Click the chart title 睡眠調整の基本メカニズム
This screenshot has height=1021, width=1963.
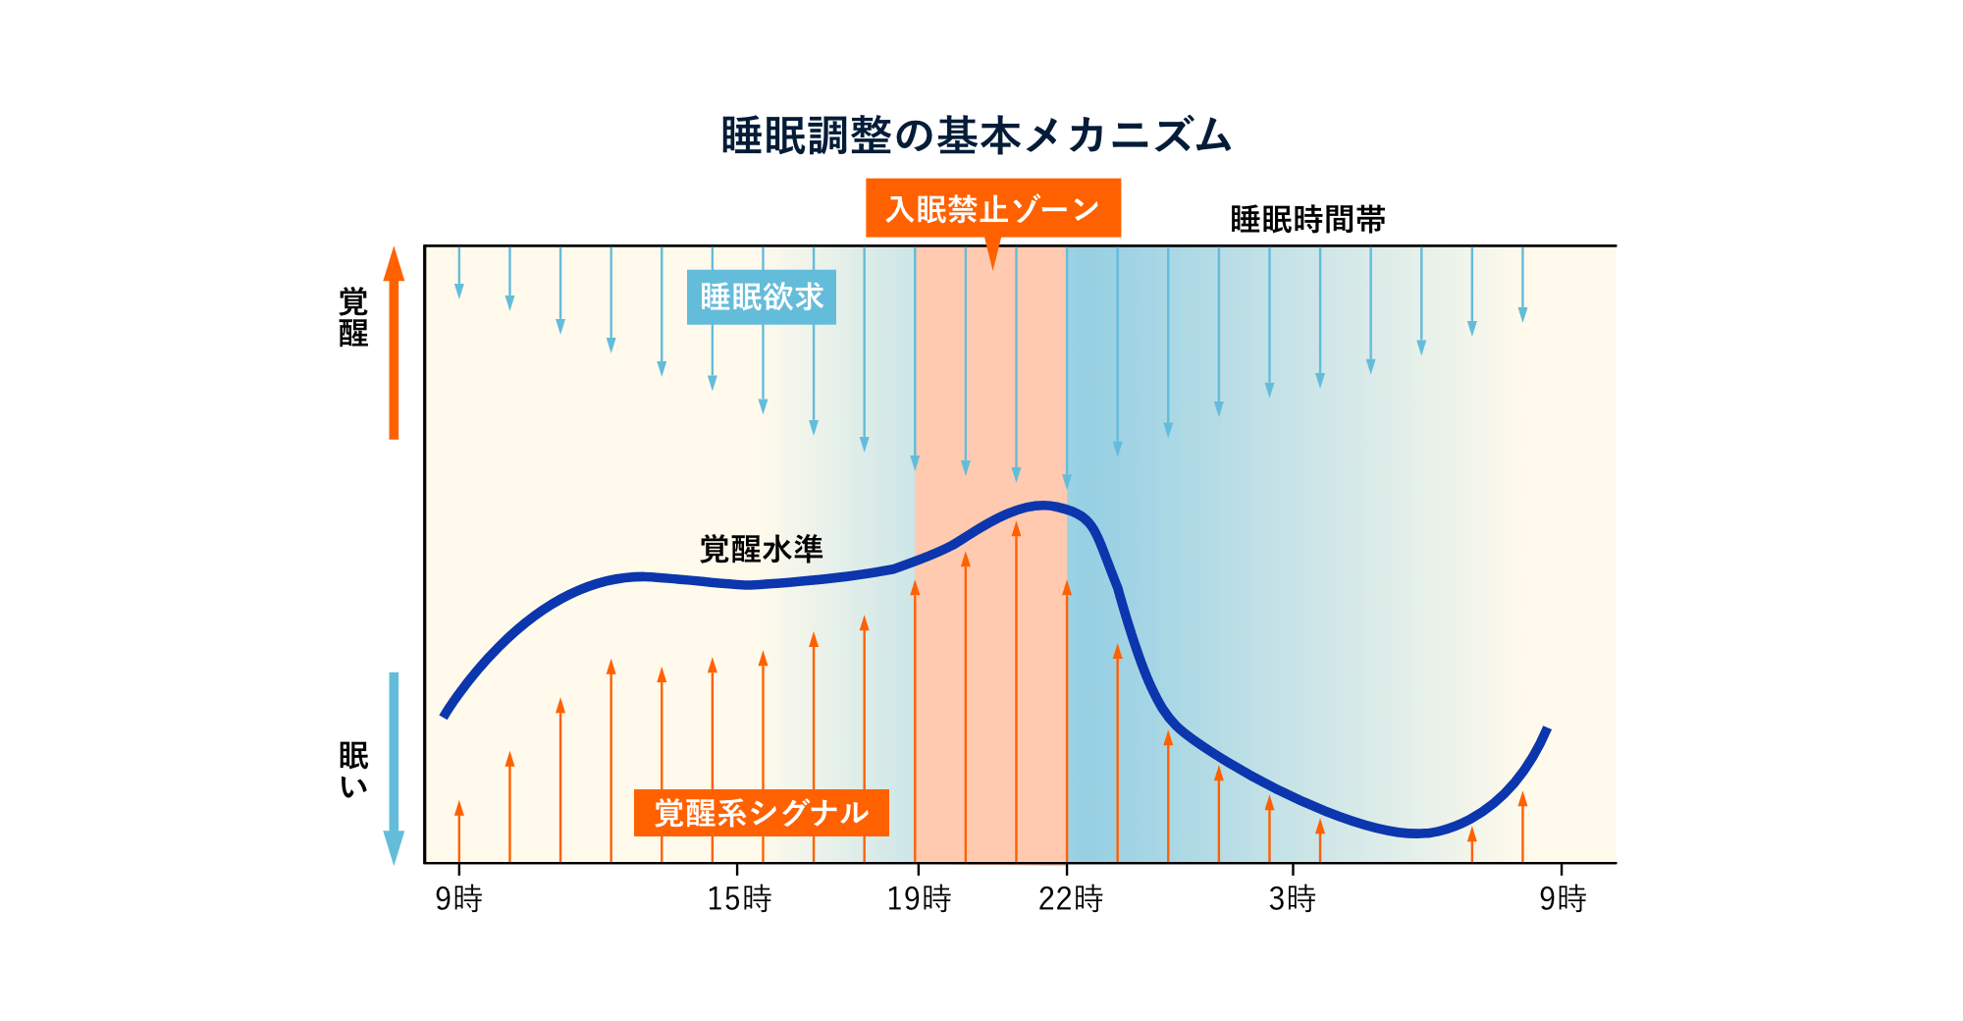click(x=976, y=135)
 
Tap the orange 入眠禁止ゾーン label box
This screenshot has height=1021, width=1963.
click(x=992, y=208)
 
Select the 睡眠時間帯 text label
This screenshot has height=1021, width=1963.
click(x=1307, y=219)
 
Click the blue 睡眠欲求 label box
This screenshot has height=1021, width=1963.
click(x=761, y=296)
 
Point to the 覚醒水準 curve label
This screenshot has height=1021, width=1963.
click(x=761, y=549)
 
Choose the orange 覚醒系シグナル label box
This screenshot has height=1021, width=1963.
click(x=761, y=813)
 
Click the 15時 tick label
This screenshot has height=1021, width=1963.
click(x=739, y=898)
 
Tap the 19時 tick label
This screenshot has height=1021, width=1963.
click(x=919, y=898)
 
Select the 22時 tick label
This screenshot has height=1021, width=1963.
click(x=1070, y=898)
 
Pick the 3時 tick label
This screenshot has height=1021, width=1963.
click(x=1292, y=898)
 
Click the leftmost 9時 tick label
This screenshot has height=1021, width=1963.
click(x=458, y=898)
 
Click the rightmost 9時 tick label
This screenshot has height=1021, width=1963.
click(x=1563, y=898)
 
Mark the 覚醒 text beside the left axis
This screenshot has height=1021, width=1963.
click(x=353, y=316)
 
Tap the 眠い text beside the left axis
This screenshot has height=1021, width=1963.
click(x=353, y=770)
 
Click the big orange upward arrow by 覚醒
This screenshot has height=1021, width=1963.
click(x=394, y=344)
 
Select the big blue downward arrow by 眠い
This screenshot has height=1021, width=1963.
click(x=394, y=766)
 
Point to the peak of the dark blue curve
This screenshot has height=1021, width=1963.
click(x=1042, y=507)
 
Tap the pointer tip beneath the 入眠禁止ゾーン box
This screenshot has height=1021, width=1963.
click(x=992, y=265)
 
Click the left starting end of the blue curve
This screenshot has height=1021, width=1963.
click(x=445, y=715)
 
